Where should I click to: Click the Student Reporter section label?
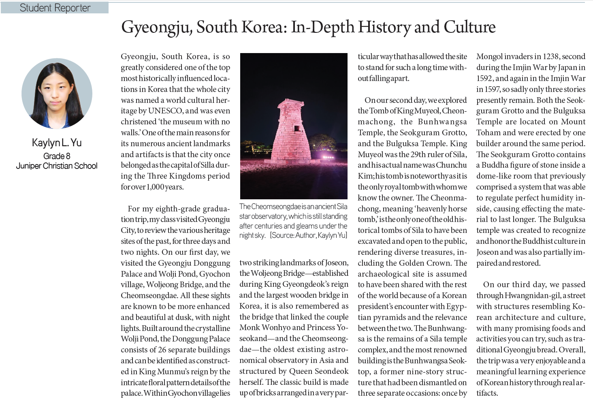point(55,8)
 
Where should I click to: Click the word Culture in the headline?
point(469,27)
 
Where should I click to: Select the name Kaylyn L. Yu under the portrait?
point(57,143)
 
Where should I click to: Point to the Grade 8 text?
point(57,156)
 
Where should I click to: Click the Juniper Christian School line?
point(57,166)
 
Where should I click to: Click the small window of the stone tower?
point(297,128)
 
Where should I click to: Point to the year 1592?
point(485,78)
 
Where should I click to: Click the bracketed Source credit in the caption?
point(309,235)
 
